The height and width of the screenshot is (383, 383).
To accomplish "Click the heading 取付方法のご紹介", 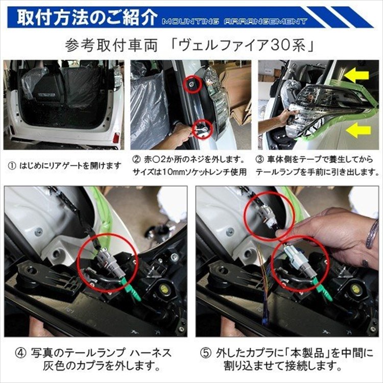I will [x=87, y=18].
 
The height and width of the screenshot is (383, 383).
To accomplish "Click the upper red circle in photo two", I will [x=191, y=84].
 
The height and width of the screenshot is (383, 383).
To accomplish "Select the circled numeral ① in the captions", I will [x=12, y=165].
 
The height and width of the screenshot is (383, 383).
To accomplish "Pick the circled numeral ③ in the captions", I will [x=260, y=158].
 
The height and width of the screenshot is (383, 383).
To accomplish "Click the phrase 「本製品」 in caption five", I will [x=306, y=353].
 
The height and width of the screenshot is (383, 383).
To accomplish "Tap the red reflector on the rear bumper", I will [x=115, y=138].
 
